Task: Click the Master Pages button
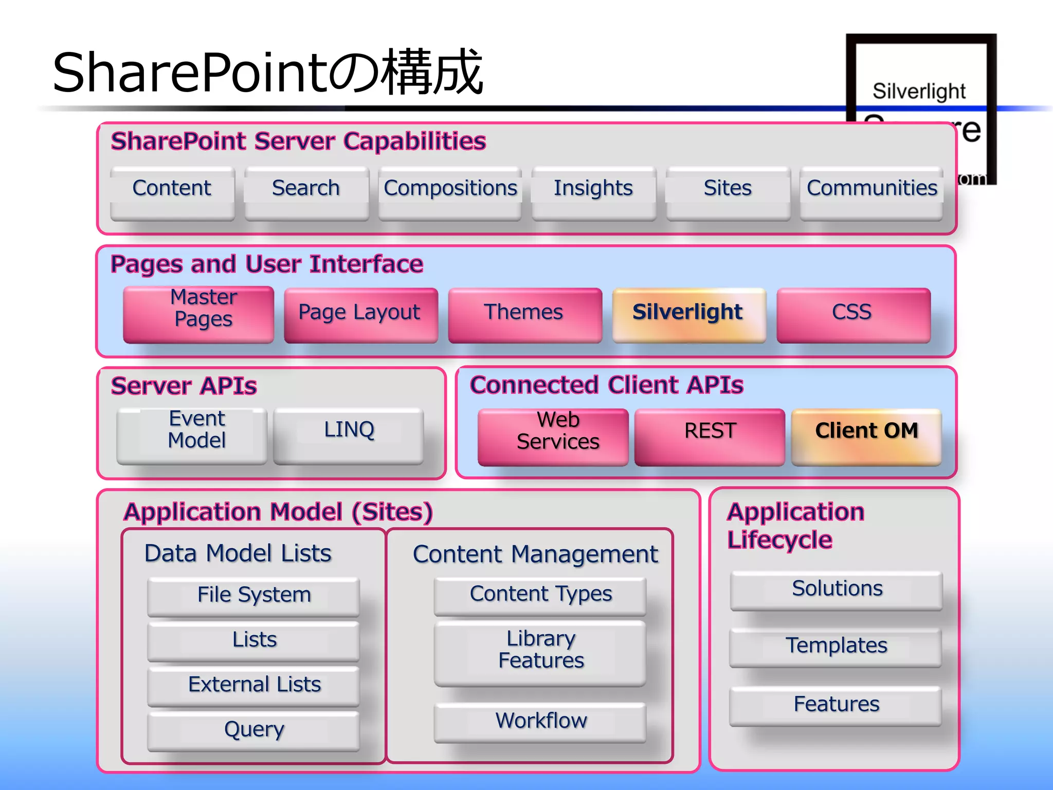tap(198, 314)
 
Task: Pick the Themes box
tap(524, 314)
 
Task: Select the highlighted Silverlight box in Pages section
tap(688, 314)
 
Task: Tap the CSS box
tap(853, 314)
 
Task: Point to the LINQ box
tap(349, 435)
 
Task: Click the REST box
tap(710, 436)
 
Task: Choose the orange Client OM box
tap(866, 436)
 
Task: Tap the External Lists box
tap(253, 686)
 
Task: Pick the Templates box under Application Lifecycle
tap(836, 647)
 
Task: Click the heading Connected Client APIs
tap(606, 385)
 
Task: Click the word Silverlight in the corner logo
tap(919, 91)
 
